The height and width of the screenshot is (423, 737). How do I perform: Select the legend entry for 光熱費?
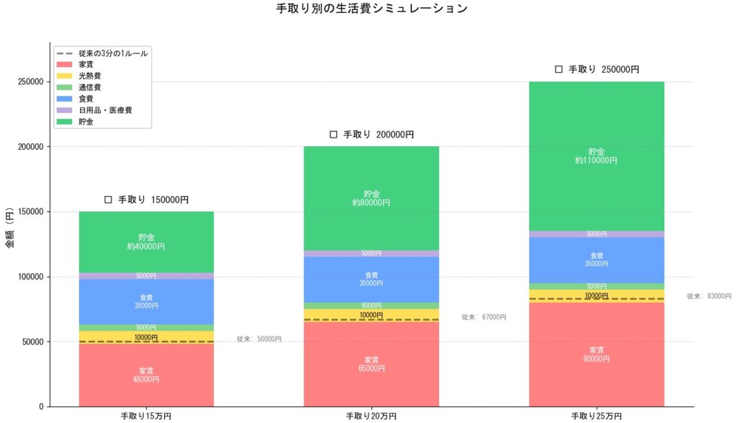90,76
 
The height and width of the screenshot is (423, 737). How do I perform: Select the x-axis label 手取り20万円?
371,416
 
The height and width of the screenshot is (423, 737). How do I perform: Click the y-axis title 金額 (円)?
10,229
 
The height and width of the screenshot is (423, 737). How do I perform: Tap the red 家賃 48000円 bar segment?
146,375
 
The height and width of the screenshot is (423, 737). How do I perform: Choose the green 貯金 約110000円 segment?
596,156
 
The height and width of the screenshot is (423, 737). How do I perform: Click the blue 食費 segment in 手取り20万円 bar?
371,279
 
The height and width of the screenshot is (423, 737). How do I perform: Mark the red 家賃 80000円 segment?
596,355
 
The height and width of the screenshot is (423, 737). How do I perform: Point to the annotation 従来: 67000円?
484,317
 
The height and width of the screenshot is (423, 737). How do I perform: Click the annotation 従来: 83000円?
709,296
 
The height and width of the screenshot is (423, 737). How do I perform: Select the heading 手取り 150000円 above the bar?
146,200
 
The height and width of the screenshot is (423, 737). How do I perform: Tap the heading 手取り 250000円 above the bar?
597,70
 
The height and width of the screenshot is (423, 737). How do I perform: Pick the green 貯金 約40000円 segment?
146,241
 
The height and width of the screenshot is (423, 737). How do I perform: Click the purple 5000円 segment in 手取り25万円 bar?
596,234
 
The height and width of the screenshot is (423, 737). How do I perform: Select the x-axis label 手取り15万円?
146,416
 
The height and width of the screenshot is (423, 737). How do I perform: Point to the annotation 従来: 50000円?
259,339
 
